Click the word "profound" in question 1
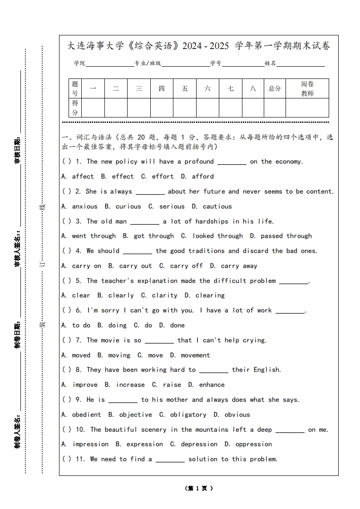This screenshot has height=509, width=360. point(199,162)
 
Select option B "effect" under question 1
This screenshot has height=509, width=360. point(123,176)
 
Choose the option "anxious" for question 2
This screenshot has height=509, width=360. point(84,206)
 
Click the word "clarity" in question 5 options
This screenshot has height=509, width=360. point(164,295)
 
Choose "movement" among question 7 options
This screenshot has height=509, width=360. point(195,355)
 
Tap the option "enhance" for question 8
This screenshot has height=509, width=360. point(212,385)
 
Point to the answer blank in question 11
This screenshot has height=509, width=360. point(170,460)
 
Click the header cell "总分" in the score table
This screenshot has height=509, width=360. point(275,89)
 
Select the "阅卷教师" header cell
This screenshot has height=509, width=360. point(307,89)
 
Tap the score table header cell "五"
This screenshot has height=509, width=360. point(185,89)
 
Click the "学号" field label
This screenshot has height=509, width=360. point(216,64)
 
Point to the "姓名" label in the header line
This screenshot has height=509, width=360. point(271,64)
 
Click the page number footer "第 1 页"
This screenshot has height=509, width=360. point(199,489)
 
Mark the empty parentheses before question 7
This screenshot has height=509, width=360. point(67,340)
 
